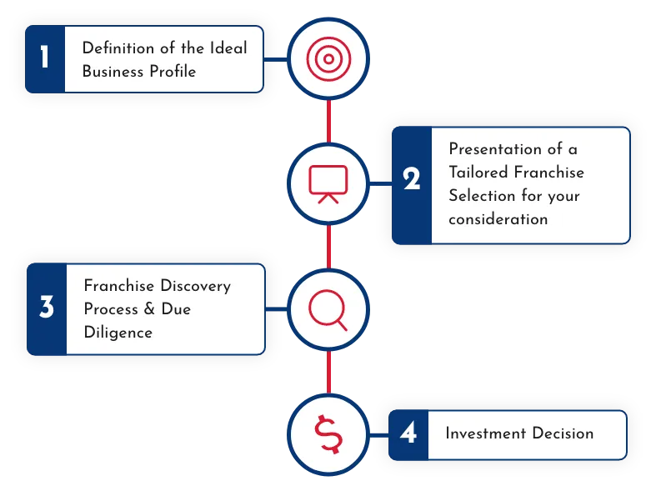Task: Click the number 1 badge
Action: (45, 58)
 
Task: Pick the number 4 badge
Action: (408, 433)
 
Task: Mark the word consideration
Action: (498, 219)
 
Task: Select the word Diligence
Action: (118, 333)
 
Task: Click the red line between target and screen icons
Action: (329, 120)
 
